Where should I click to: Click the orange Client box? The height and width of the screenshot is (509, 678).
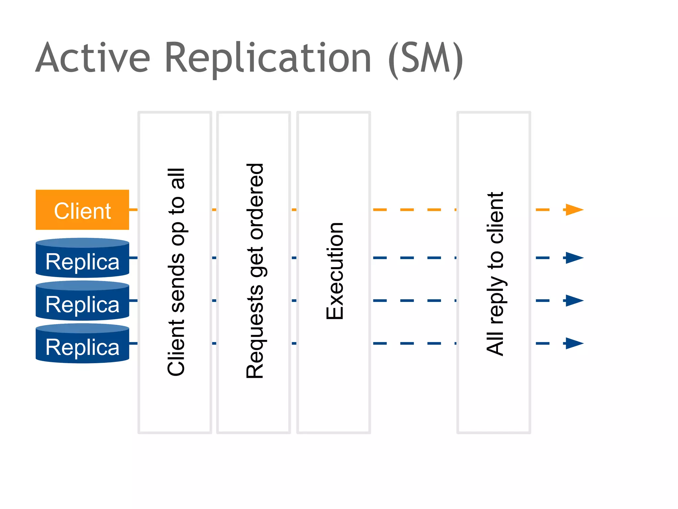coord(82,210)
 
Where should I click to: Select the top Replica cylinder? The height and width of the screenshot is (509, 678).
coord(82,258)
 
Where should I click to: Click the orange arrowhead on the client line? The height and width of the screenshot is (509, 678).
coord(574,210)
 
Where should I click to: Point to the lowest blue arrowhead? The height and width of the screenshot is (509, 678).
coord(574,343)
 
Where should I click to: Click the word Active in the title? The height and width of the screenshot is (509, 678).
coord(93,58)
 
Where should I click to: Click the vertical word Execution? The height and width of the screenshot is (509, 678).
coord(335,271)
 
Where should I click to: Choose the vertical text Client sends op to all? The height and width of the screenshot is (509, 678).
coord(176,272)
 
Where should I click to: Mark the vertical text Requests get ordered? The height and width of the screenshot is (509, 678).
coord(255,271)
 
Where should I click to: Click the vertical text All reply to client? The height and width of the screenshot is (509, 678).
coord(495,273)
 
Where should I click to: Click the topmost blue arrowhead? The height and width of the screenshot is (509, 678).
coord(574,258)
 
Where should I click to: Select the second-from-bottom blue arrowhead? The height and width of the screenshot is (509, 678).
coord(574,301)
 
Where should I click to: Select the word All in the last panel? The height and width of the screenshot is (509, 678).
coord(495,343)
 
